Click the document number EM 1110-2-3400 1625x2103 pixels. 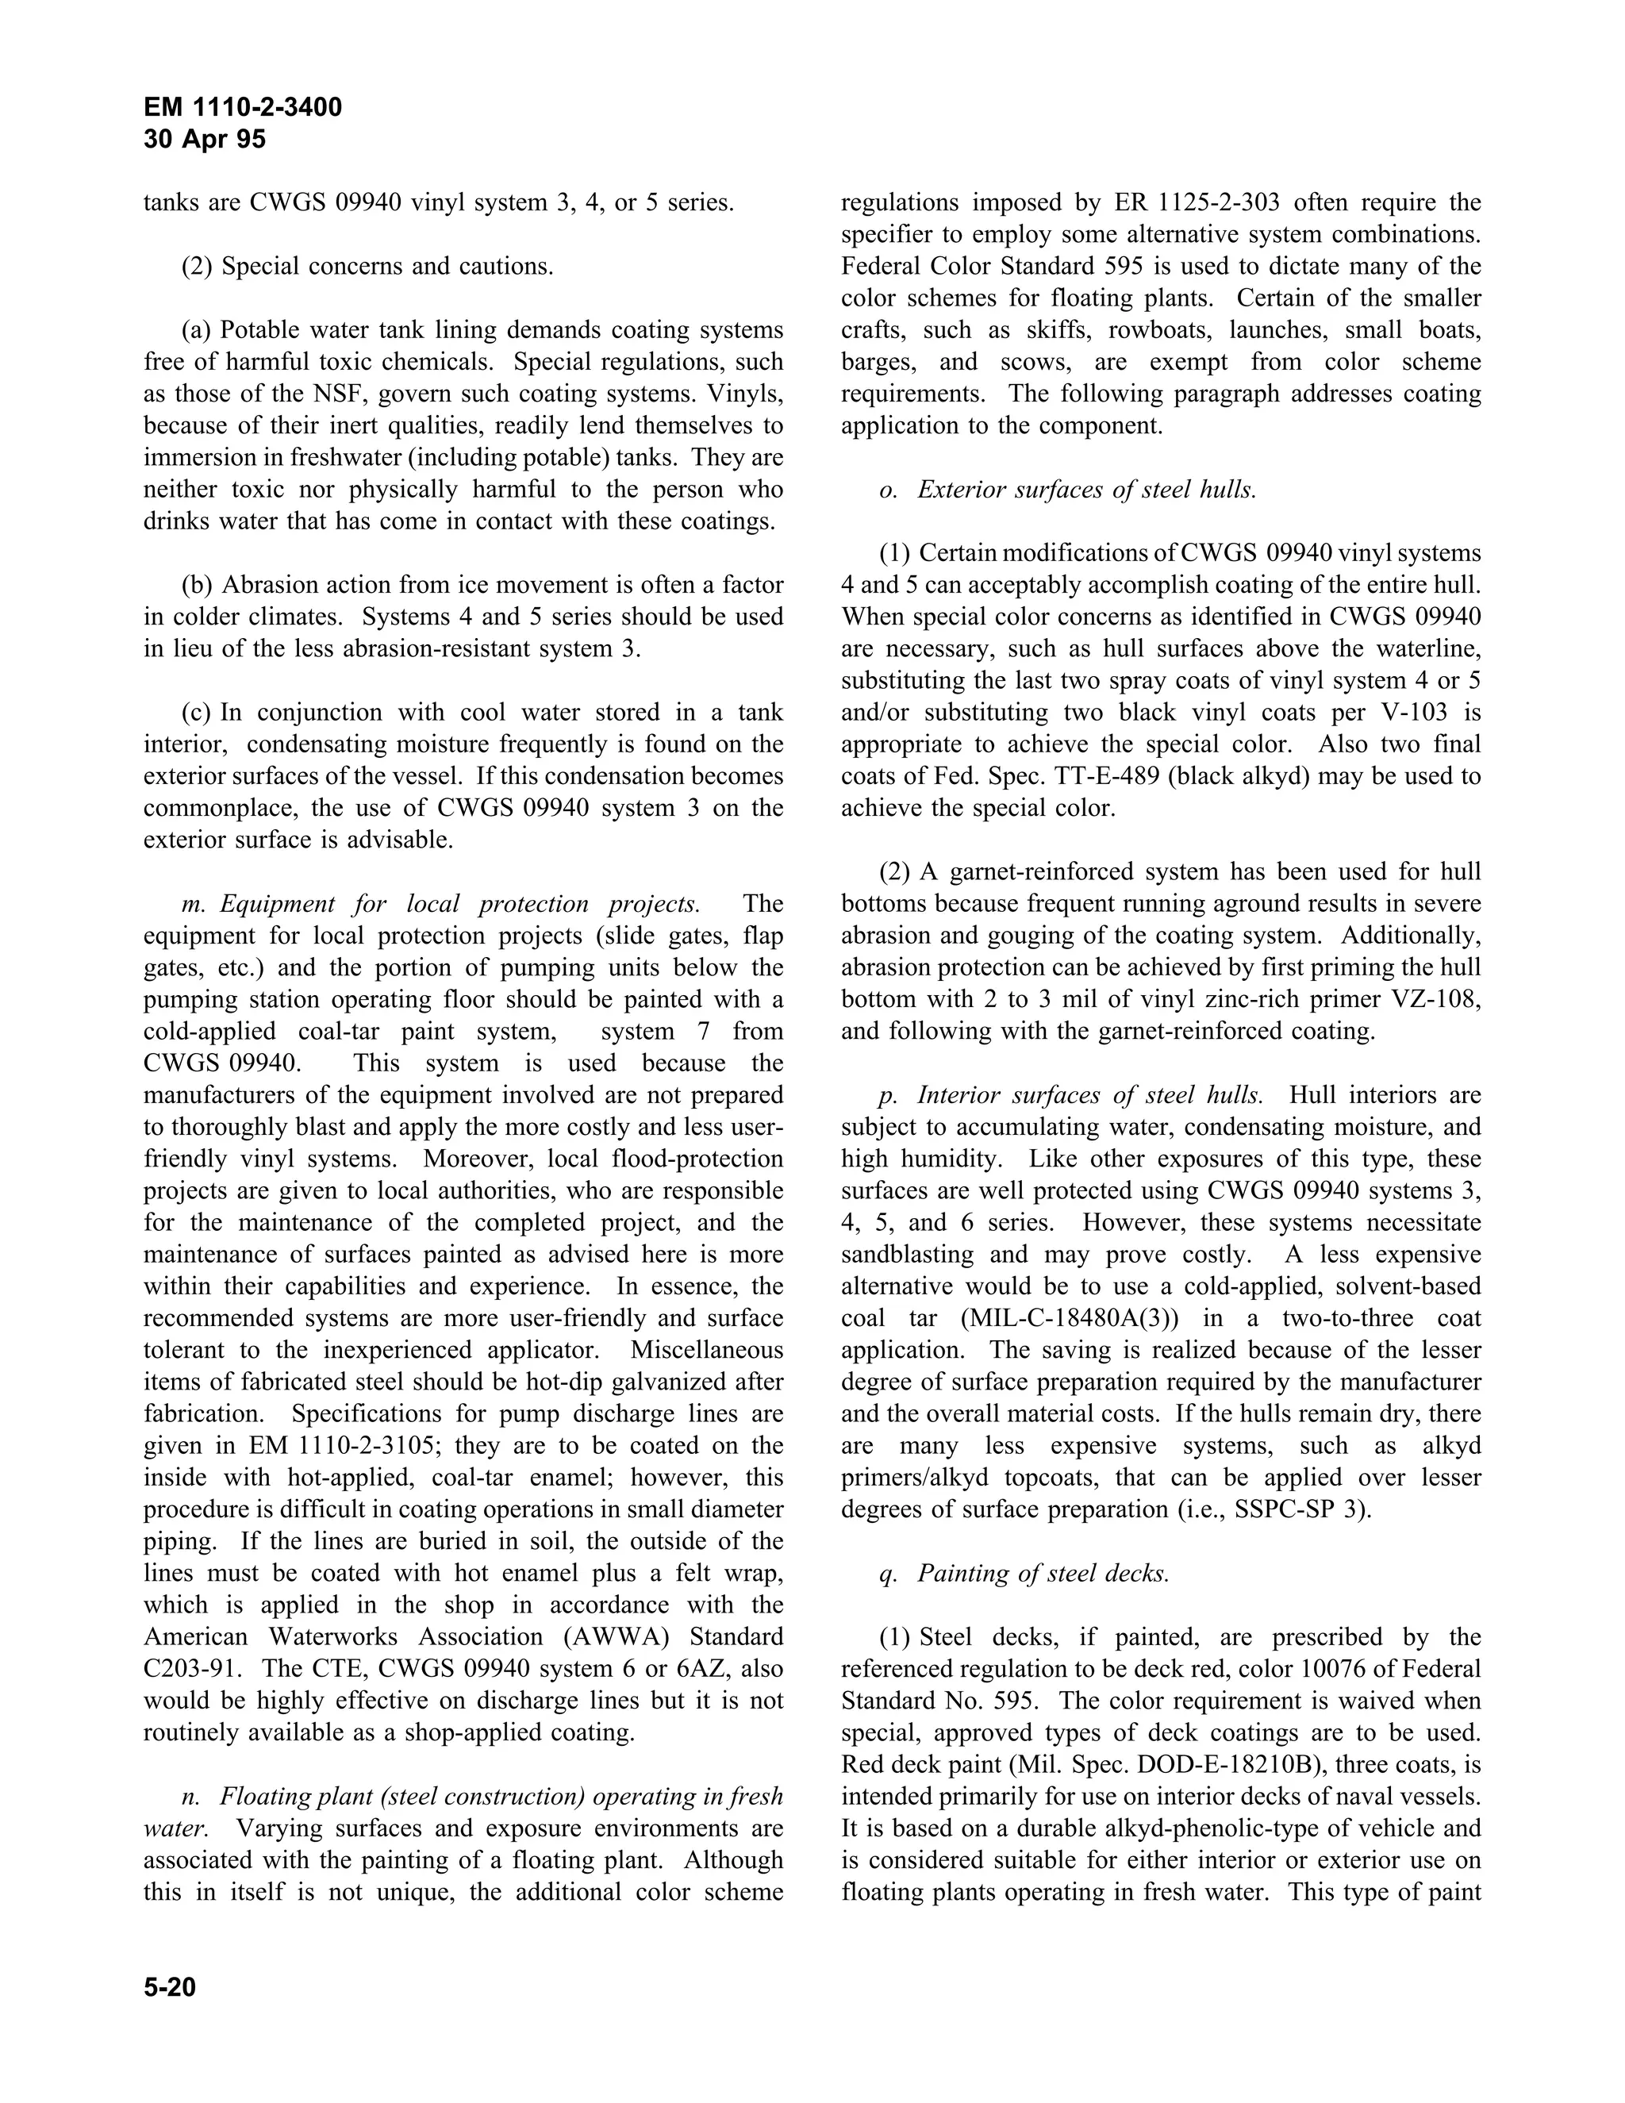click(243, 107)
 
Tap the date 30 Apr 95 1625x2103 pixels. click(204, 140)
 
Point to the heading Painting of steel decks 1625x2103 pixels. click(1043, 1574)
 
